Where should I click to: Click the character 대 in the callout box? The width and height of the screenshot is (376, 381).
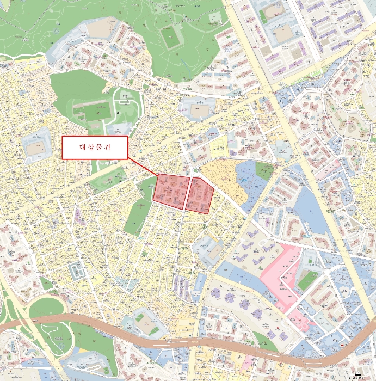coord(83,148)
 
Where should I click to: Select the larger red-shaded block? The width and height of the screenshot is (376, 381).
coord(171,191)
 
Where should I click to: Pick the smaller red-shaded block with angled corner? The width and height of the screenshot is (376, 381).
coord(200,195)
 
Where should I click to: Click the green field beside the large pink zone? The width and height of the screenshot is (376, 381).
coord(307,280)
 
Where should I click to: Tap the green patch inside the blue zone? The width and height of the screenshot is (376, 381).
coord(264,170)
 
